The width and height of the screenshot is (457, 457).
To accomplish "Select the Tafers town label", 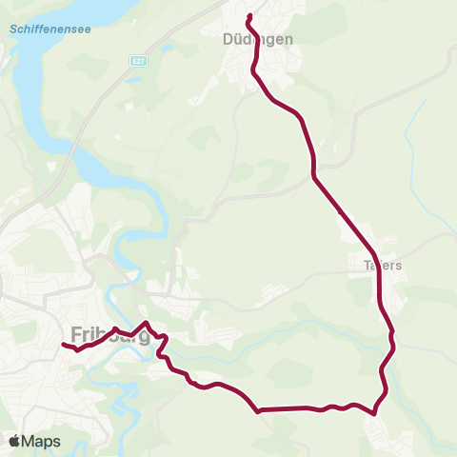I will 383,266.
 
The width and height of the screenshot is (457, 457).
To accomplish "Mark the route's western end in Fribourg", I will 64,344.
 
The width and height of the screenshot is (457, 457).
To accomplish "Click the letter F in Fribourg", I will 77,335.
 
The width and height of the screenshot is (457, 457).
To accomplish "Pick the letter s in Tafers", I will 400,266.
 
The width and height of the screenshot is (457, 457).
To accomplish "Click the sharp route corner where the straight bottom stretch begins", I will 259,411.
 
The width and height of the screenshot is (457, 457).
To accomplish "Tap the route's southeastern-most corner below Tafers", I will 375,412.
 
